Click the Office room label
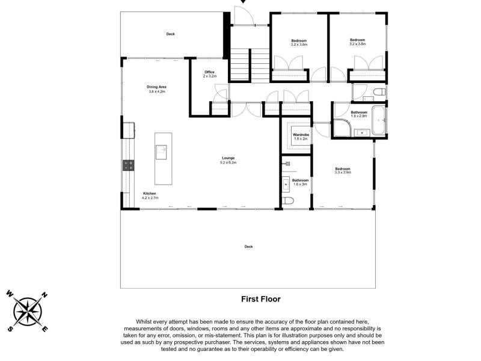(209, 72)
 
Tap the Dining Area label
(156, 87)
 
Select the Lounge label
(228, 158)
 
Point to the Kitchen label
(149, 194)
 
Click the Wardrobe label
(301, 135)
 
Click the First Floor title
(261, 299)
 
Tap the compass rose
(27, 311)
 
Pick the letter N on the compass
(44, 295)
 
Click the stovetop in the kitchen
(129, 165)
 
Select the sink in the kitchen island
(161, 152)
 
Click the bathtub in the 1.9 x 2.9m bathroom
(379, 120)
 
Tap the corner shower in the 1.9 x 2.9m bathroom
(342, 128)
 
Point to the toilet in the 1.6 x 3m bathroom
(288, 201)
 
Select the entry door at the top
(244, 16)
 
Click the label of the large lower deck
(248, 247)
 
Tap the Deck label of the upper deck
(170, 34)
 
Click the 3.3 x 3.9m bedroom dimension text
(343, 173)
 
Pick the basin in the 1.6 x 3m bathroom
(286, 184)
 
